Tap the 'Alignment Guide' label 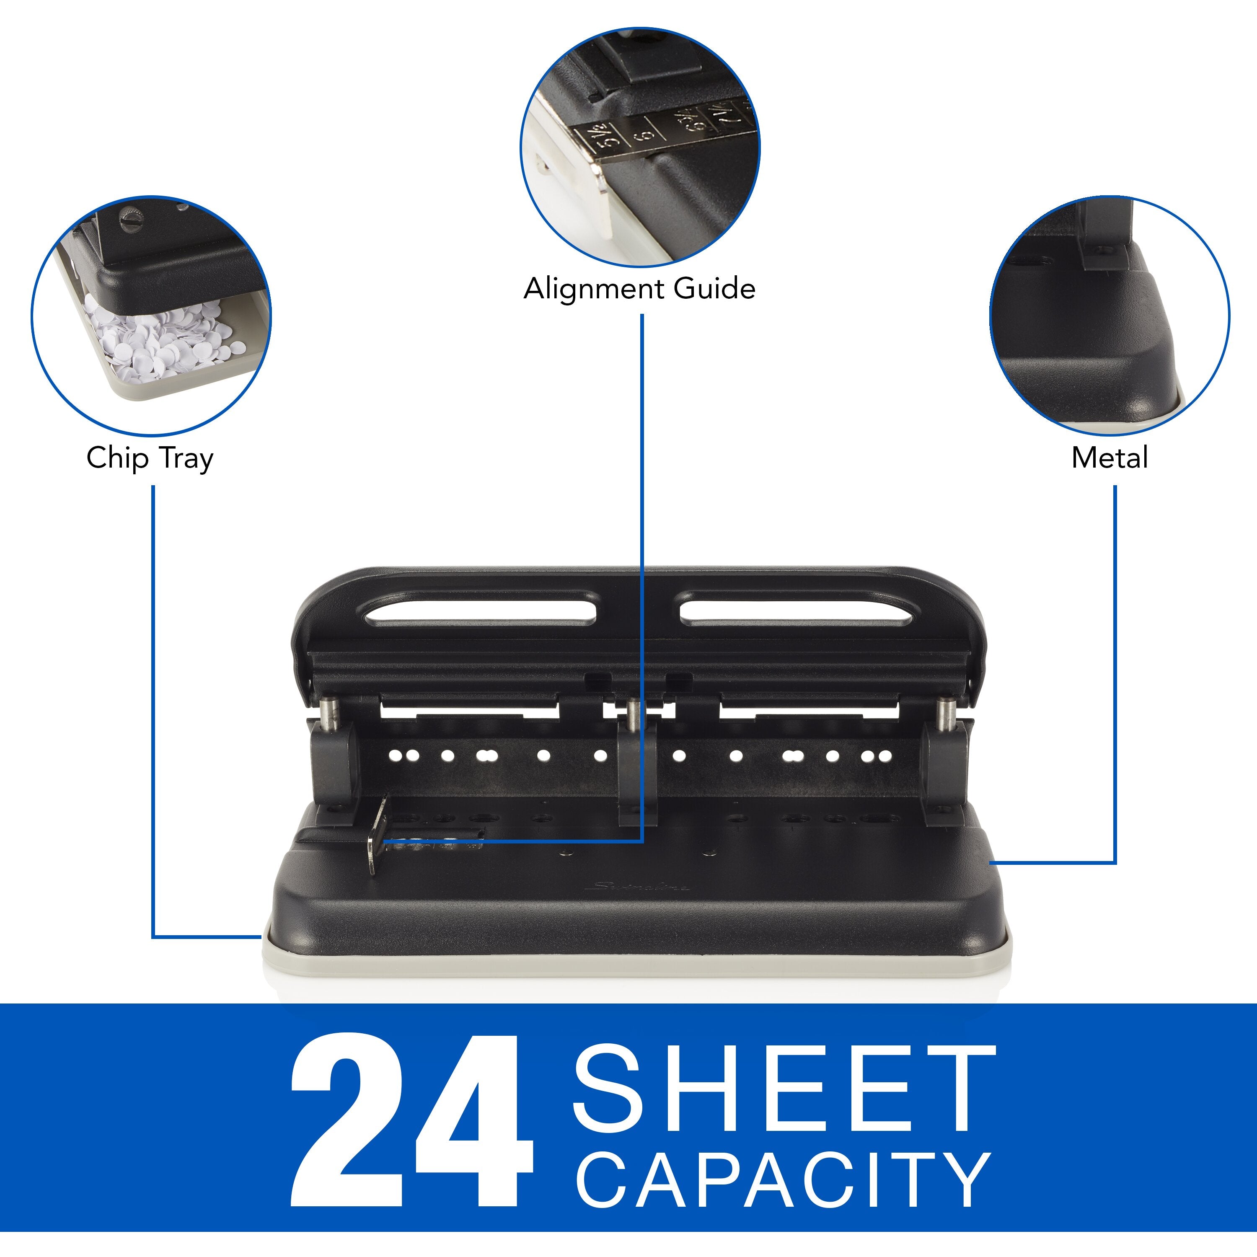[x=639, y=289]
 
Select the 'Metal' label [x=1110, y=458]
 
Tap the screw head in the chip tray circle [x=129, y=218]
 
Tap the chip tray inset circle [x=151, y=316]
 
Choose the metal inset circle [x=1110, y=316]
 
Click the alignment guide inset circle [x=639, y=146]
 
